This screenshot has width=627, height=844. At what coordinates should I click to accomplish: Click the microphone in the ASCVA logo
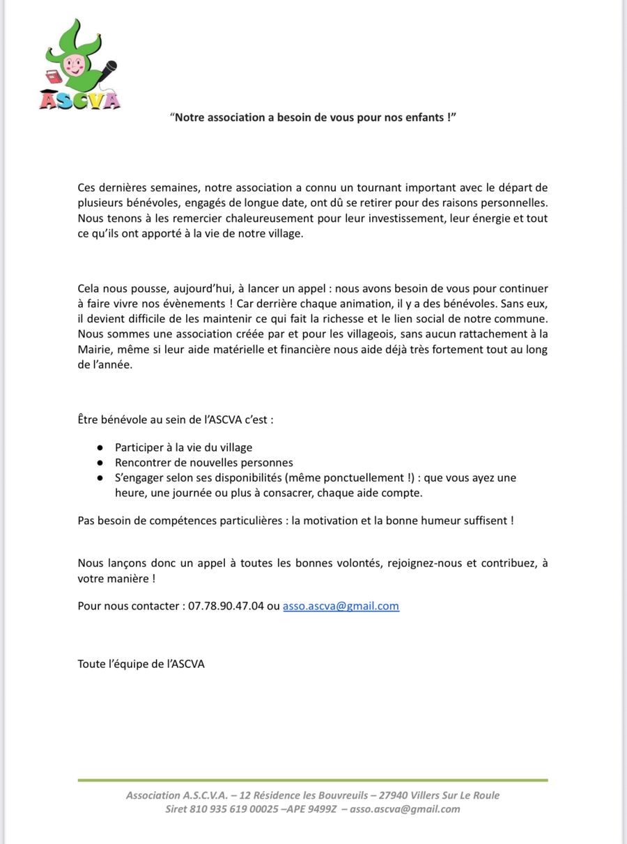pos(108,69)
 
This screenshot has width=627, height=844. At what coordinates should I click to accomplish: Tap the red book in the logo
pos(53,76)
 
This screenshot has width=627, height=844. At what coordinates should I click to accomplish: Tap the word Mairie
pos(94,349)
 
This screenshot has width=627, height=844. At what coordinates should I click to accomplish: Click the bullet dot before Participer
pos(100,447)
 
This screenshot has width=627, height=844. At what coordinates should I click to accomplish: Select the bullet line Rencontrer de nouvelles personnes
pos(203,463)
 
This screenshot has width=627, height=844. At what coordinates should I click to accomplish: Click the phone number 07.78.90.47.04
pos(226,605)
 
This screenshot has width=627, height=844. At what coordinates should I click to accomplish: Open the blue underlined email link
pos(341,605)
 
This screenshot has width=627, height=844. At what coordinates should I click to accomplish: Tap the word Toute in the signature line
pos(91,664)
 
